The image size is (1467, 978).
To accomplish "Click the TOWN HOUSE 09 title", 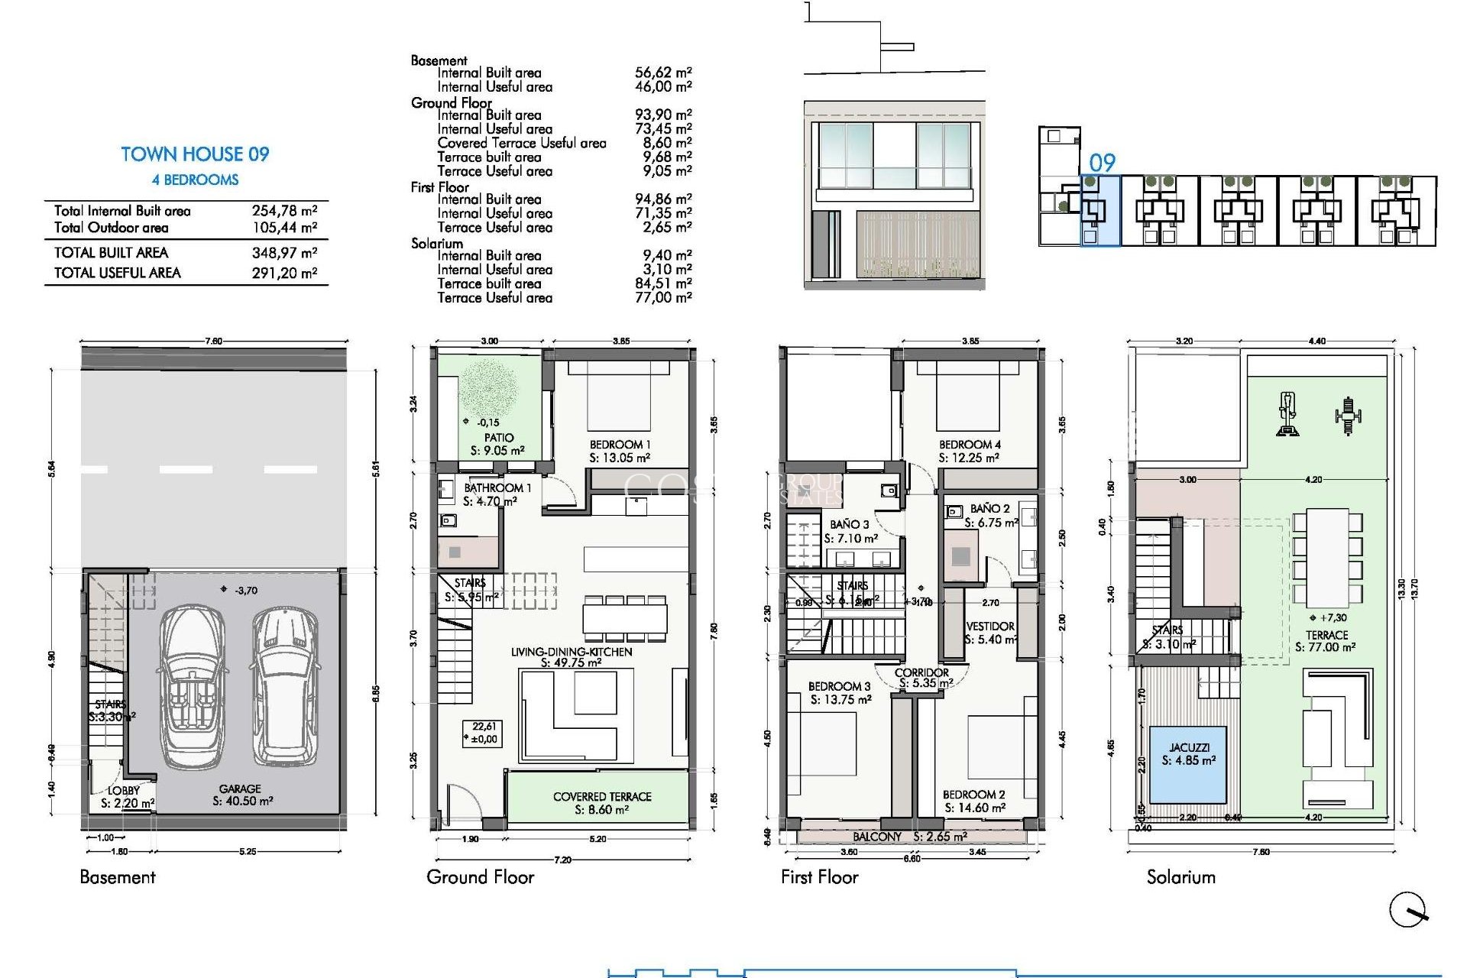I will pyautogui.click(x=195, y=154).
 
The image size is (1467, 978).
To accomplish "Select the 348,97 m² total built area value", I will pyautogui.click(x=284, y=253).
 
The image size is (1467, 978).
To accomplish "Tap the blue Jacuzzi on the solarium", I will pyautogui.click(x=1188, y=764).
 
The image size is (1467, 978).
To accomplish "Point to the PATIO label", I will pyautogui.click(x=498, y=438).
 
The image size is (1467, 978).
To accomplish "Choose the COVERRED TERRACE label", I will pyautogui.click(x=602, y=796).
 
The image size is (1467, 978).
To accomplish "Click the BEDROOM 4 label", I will pyautogui.click(x=970, y=445).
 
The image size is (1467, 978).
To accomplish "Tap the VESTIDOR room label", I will pyautogui.click(x=990, y=627).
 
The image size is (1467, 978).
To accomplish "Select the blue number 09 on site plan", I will pyautogui.click(x=1102, y=163).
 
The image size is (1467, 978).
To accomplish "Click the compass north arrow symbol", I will pyautogui.click(x=1407, y=910).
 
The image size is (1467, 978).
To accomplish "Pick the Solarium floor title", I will pyautogui.click(x=1180, y=877).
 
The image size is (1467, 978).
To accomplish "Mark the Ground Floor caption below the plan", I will pyautogui.click(x=480, y=877).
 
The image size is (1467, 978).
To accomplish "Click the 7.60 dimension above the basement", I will pyautogui.click(x=214, y=341).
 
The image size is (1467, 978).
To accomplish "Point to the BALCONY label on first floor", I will pyautogui.click(x=877, y=837).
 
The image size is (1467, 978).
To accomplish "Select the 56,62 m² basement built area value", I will pyautogui.click(x=662, y=73).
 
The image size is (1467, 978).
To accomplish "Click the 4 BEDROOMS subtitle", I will pyautogui.click(x=195, y=180).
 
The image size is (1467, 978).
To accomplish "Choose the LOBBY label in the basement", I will pyautogui.click(x=124, y=791).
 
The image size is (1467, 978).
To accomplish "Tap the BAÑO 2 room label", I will pyautogui.click(x=989, y=509).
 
